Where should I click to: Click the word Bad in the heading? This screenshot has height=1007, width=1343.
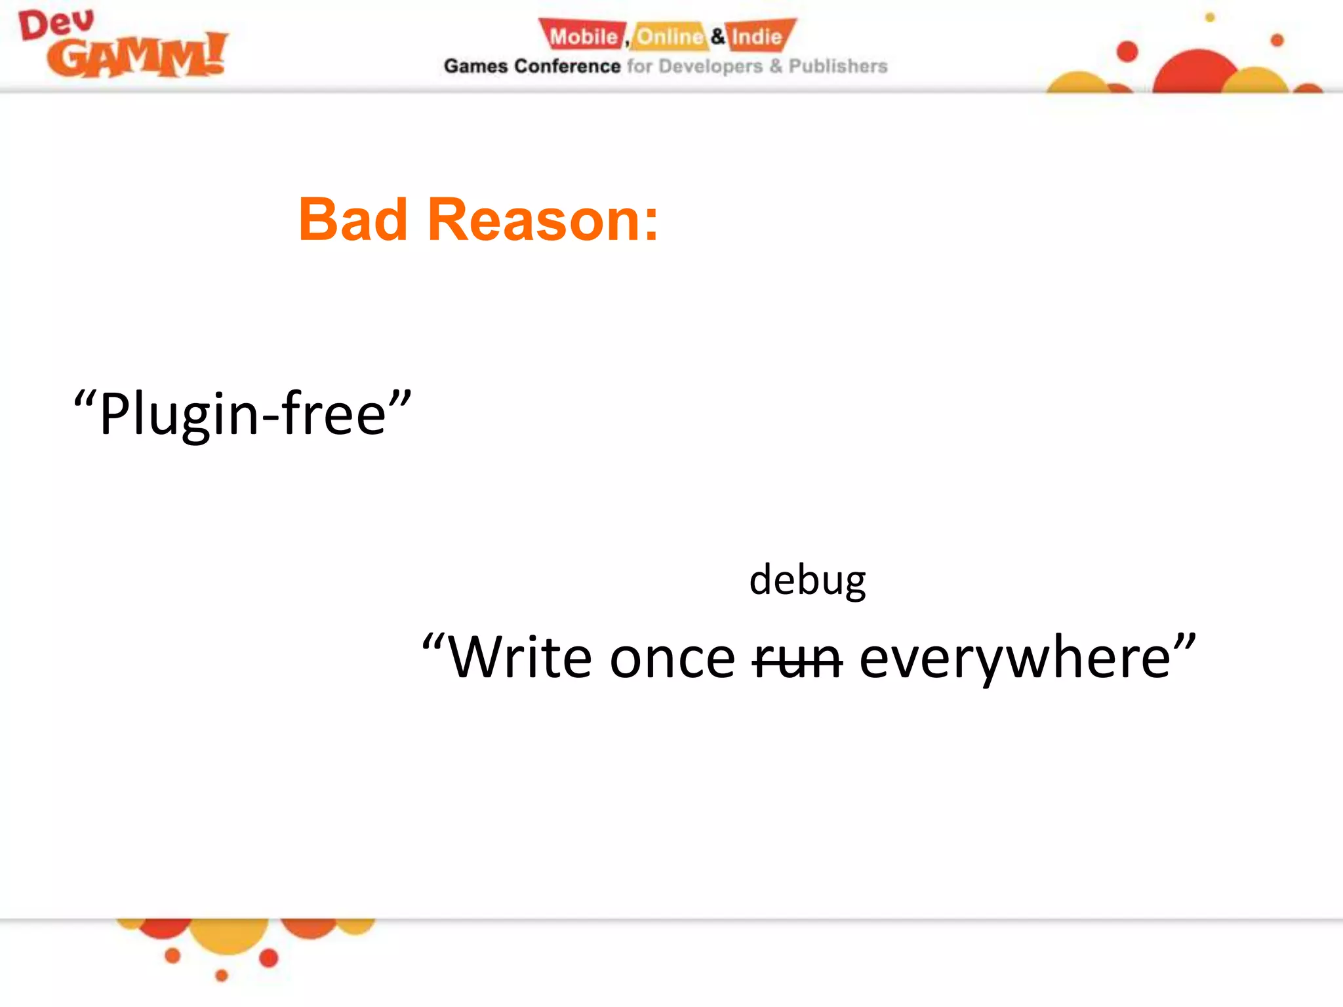353,220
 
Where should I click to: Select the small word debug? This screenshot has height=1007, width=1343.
807,581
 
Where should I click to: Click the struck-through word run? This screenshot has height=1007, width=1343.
797,659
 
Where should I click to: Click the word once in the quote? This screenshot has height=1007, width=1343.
672,659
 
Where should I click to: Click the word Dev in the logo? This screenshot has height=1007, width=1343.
56,25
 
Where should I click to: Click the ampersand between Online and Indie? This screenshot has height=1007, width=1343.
718,36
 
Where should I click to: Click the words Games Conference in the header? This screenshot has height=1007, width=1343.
532,66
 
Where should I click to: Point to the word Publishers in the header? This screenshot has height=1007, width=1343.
837,66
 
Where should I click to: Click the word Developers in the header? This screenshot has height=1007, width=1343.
710,66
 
